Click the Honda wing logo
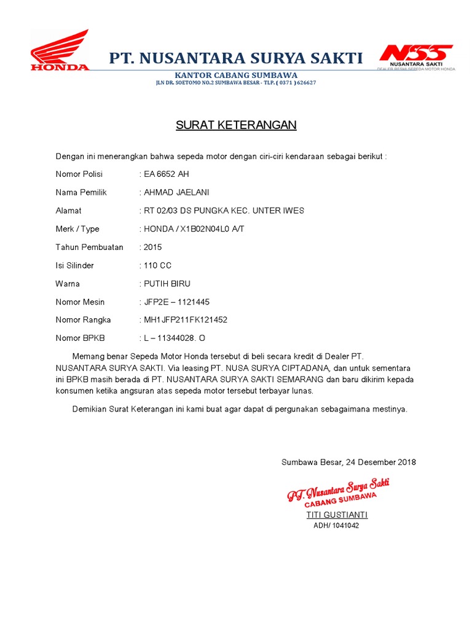click(x=60, y=50)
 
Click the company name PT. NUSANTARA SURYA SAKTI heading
click(x=236, y=58)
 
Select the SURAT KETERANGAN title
click(x=236, y=125)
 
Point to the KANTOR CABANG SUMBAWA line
click(x=236, y=75)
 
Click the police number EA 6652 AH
click(x=167, y=174)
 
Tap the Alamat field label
click(x=68, y=211)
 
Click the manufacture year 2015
click(x=153, y=247)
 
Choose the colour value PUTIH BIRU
click(x=167, y=284)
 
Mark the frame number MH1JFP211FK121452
click(x=186, y=320)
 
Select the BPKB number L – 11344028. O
click(x=175, y=338)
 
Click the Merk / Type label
click(x=77, y=229)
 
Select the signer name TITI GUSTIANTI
click(x=337, y=515)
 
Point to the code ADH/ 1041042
click(x=336, y=525)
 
